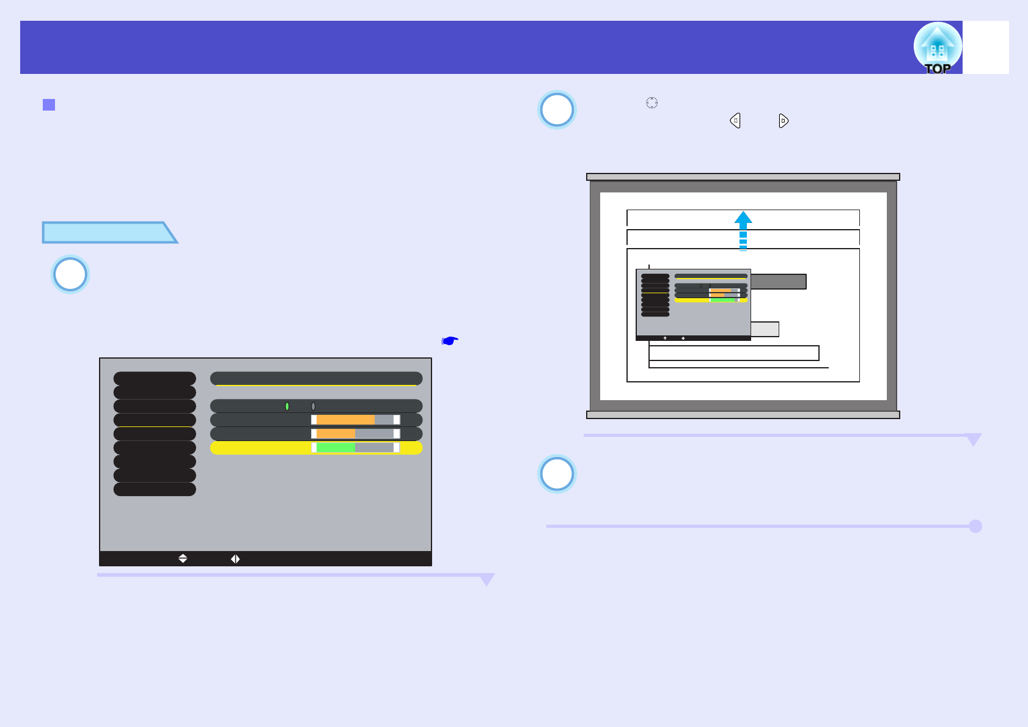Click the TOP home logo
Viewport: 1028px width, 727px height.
pos(937,48)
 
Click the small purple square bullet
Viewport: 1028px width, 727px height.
pos(49,105)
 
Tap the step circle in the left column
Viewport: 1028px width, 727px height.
pos(70,274)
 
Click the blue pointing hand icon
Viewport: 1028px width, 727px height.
pos(450,340)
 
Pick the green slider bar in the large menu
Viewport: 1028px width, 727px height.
pos(335,448)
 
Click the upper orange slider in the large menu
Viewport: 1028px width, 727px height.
pos(345,420)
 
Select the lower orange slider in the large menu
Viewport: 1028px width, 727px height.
pos(335,434)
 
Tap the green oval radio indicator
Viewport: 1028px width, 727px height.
pos(287,406)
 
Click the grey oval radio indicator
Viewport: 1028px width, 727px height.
pos(313,406)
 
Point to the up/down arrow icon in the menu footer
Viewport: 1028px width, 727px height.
pos(183,558)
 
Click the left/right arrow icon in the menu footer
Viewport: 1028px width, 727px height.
pos(235,558)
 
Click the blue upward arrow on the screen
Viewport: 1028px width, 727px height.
pos(743,230)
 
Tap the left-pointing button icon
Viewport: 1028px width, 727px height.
pos(735,121)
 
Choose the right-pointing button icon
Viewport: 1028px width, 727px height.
pos(784,121)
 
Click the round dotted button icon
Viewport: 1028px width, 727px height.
pos(652,103)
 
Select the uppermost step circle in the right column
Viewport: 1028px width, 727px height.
pos(557,110)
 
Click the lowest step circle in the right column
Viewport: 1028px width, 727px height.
pos(557,474)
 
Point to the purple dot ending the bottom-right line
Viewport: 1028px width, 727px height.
pos(975,526)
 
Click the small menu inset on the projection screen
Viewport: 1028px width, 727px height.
pos(693,304)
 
